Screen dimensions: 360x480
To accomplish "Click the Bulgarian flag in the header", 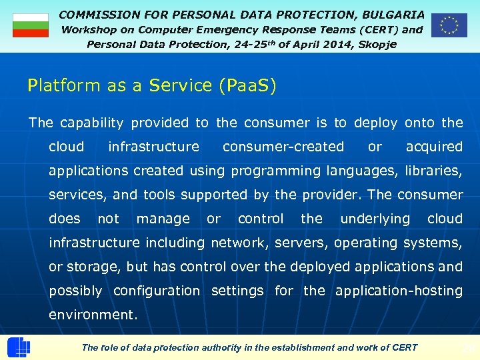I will (31, 25).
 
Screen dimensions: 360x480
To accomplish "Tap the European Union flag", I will (449, 25).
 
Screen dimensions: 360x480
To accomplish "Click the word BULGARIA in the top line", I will (394, 14).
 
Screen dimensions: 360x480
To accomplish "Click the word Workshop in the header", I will (88, 29).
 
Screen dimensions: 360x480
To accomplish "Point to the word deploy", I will (375, 123).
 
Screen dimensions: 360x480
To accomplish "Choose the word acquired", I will (434, 147).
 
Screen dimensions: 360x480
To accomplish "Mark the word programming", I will (275, 171).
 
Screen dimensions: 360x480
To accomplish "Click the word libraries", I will (433, 171).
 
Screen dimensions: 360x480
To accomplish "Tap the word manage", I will (163, 219).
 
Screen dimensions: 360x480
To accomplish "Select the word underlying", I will (375, 219).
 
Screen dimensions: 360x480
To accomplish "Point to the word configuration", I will (156, 291).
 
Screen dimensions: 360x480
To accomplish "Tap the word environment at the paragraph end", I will (93, 315).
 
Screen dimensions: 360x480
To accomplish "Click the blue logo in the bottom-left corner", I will (18, 347).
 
